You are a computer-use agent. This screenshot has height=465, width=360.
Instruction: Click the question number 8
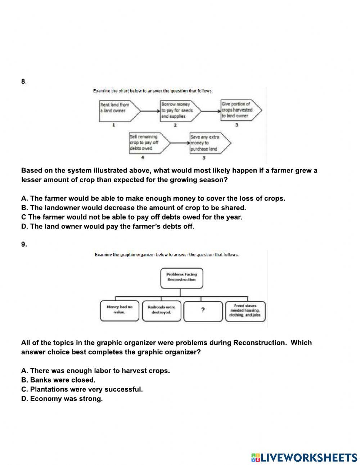pyautogui.click(x=23, y=81)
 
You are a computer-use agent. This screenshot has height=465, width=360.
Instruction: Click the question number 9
pyautogui.click(x=24, y=244)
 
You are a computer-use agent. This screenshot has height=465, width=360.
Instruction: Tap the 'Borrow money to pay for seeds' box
pyautogui.click(x=179, y=110)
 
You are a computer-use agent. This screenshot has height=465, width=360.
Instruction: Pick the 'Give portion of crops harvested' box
pyautogui.click(x=239, y=110)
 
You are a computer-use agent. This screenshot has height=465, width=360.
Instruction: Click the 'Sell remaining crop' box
pyautogui.click(x=146, y=143)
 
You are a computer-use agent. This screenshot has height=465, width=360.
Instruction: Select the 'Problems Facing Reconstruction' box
pyautogui.click(x=181, y=277)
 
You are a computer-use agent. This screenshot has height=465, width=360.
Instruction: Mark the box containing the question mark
pyautogui.click(x=203, y=310)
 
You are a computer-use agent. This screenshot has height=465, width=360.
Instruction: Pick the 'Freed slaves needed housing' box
pyautogui.click(x=245, y=310)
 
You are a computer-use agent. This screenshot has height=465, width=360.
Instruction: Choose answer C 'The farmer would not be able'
pyautogui.click(x=132, y=217)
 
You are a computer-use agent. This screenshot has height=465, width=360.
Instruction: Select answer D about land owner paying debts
pyautogui.click(x=108, y=227)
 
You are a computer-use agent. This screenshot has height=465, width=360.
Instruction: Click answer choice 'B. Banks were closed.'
pyautogui.click(x=58, y=380)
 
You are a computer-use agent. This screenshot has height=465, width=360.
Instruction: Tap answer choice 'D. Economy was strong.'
pyautogui.click(x=62, y=399)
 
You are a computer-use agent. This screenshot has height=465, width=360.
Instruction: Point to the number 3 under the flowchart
pyautogui.click(x=237, y=125)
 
